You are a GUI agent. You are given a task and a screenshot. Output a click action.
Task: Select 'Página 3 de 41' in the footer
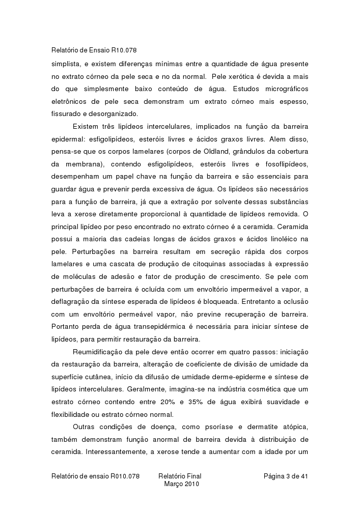[286, 476]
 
